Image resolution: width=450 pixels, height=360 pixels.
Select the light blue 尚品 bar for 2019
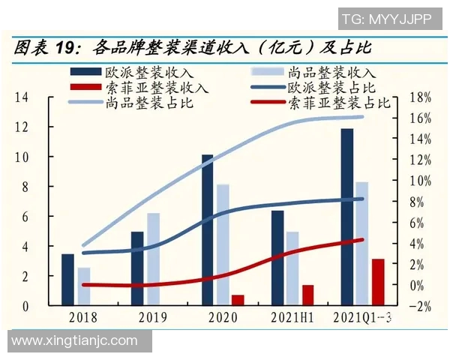point(153,259)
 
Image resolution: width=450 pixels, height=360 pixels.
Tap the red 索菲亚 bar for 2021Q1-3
point(377,282)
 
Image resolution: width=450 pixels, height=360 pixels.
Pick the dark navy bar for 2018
point(67,280)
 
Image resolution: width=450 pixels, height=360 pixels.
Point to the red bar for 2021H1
point(307,295)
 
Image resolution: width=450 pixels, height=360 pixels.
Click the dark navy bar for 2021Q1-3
point(346,217)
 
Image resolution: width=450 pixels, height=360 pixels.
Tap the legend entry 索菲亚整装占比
point(337,103)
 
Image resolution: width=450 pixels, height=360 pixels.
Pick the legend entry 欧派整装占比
point(322,88)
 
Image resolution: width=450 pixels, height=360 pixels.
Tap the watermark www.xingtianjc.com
point(75,340)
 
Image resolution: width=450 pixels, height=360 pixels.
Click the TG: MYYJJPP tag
point(387,19)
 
